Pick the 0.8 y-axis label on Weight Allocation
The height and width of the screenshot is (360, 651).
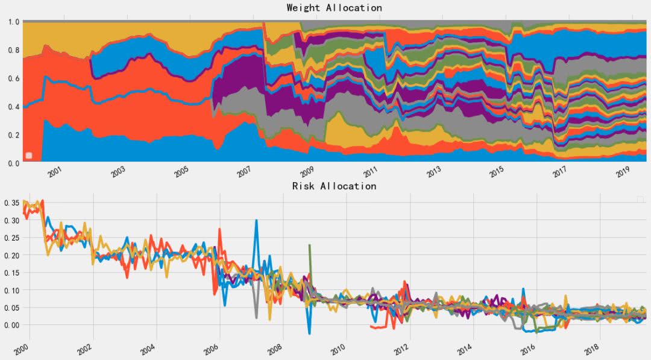coord(13,50)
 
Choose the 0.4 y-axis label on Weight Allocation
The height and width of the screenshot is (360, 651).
coord(13,107)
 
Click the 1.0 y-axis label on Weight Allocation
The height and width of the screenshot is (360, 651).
coord(13,22)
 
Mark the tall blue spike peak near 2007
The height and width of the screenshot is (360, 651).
coord(256,221)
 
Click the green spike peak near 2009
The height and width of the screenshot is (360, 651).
coord(309,245)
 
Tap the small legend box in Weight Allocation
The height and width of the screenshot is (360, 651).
coord(28,156)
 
